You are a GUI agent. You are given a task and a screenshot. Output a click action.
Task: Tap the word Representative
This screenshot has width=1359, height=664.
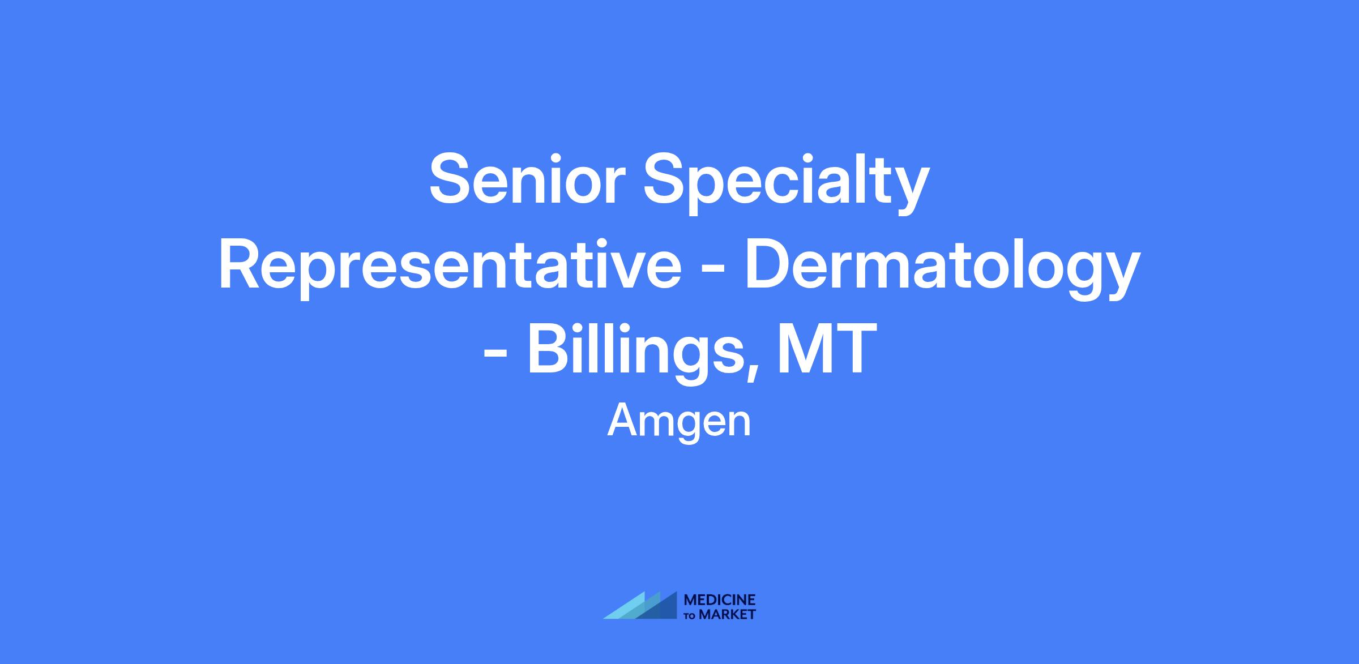pos(450,268)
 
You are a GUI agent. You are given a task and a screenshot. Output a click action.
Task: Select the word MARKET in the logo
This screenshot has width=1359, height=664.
pos(727,615)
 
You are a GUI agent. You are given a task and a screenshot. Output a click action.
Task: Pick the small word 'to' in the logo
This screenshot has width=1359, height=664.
pos(690,616)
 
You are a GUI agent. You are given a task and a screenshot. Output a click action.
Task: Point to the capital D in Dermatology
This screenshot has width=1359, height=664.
pos(767,264)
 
